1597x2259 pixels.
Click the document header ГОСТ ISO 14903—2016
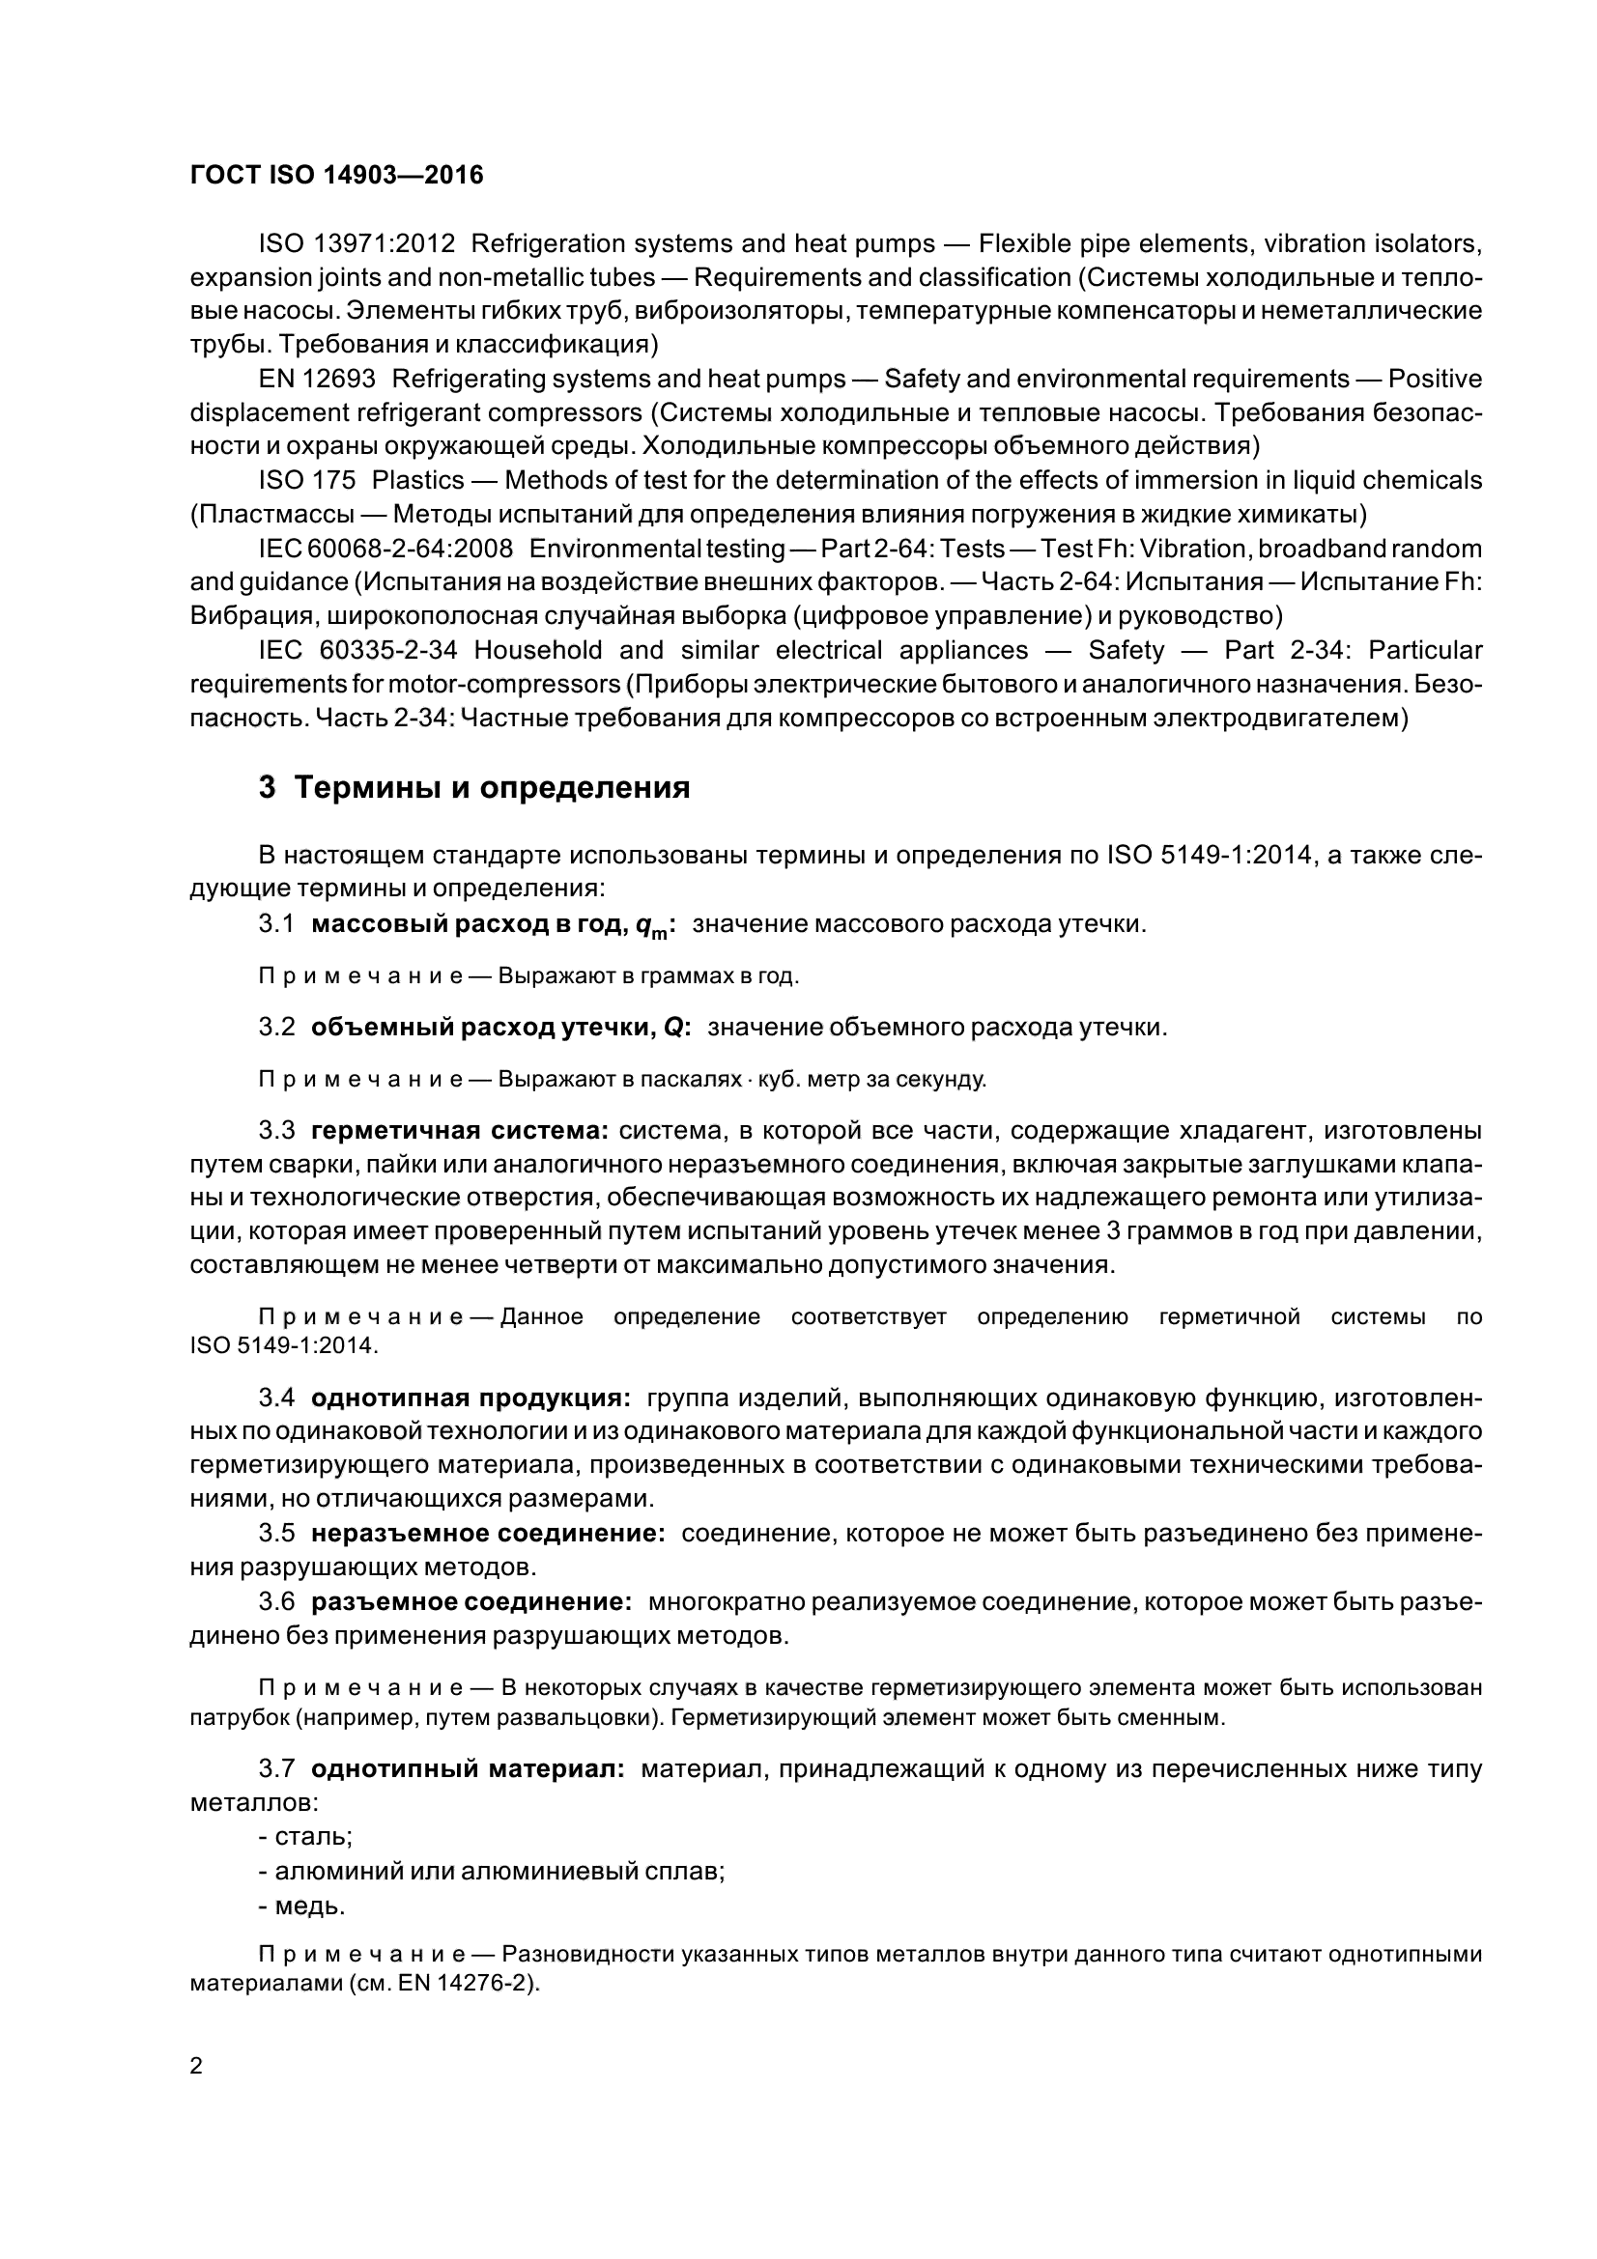click(336, 175)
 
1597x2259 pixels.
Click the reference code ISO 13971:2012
click(356, 243)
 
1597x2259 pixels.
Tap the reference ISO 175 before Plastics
click(307, 480)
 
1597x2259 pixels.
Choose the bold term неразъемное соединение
click(488, 1533)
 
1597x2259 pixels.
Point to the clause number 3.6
click(276, 1600)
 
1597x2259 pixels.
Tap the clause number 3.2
click(276, 1028)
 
